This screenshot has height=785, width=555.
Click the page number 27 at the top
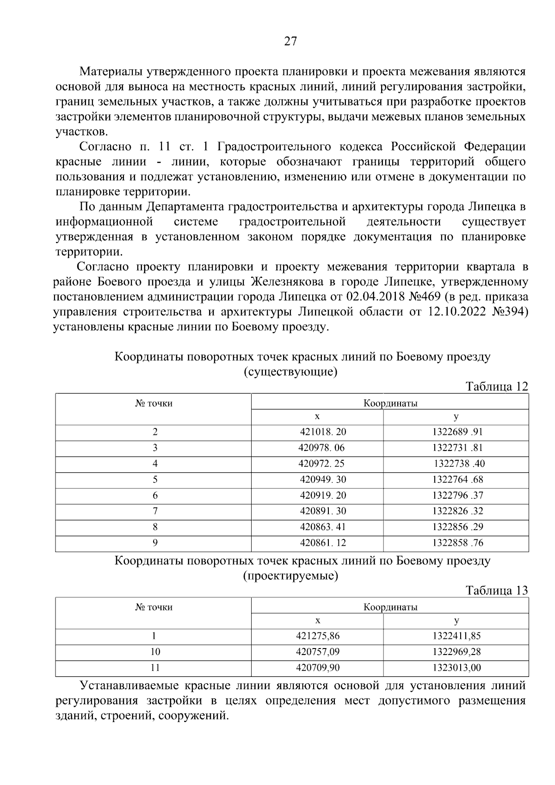point(290,42)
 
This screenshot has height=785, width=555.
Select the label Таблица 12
point(496,387)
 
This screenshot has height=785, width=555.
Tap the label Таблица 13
point(496,591)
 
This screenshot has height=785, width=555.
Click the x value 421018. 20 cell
point(323,432)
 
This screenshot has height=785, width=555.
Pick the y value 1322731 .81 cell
point(457,448)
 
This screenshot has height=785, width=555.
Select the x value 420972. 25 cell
point(321,464)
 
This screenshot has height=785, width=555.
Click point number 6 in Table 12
point(155,495)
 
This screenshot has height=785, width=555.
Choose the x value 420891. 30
point(323,511)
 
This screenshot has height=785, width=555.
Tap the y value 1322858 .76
point(457,543)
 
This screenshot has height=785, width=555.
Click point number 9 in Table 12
point(155,543)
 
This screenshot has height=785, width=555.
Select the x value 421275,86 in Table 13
point(318,636)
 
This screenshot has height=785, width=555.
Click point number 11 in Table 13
point(155,668)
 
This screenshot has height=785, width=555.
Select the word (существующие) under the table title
point(290,372)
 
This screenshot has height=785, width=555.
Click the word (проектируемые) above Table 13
point(290,576)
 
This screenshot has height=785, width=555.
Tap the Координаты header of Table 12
point(390,403)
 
